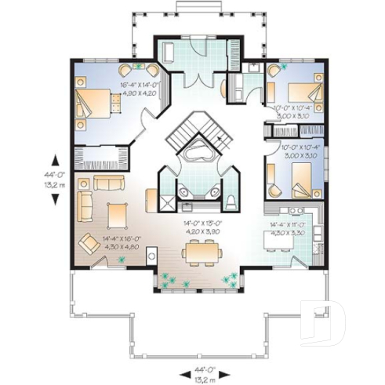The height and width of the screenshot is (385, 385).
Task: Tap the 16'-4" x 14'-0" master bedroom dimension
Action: (x=139, y=88)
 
